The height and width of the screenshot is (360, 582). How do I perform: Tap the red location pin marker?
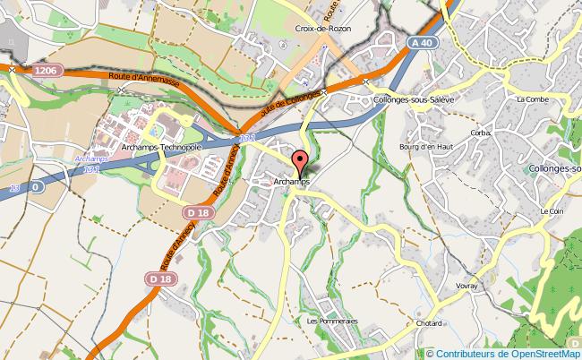[298, 163]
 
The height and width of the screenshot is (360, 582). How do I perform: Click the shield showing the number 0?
[37, 187]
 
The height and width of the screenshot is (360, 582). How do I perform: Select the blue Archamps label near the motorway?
[90, 158]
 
